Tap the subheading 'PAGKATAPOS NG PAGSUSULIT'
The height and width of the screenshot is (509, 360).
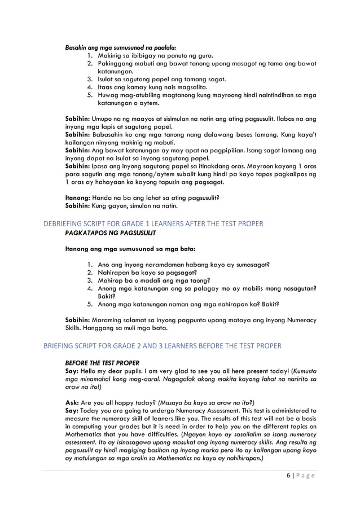[110, 232]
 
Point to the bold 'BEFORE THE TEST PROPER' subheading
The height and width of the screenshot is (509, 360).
[103, 362]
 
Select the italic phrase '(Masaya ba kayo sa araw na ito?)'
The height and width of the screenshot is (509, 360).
[207, 402]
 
